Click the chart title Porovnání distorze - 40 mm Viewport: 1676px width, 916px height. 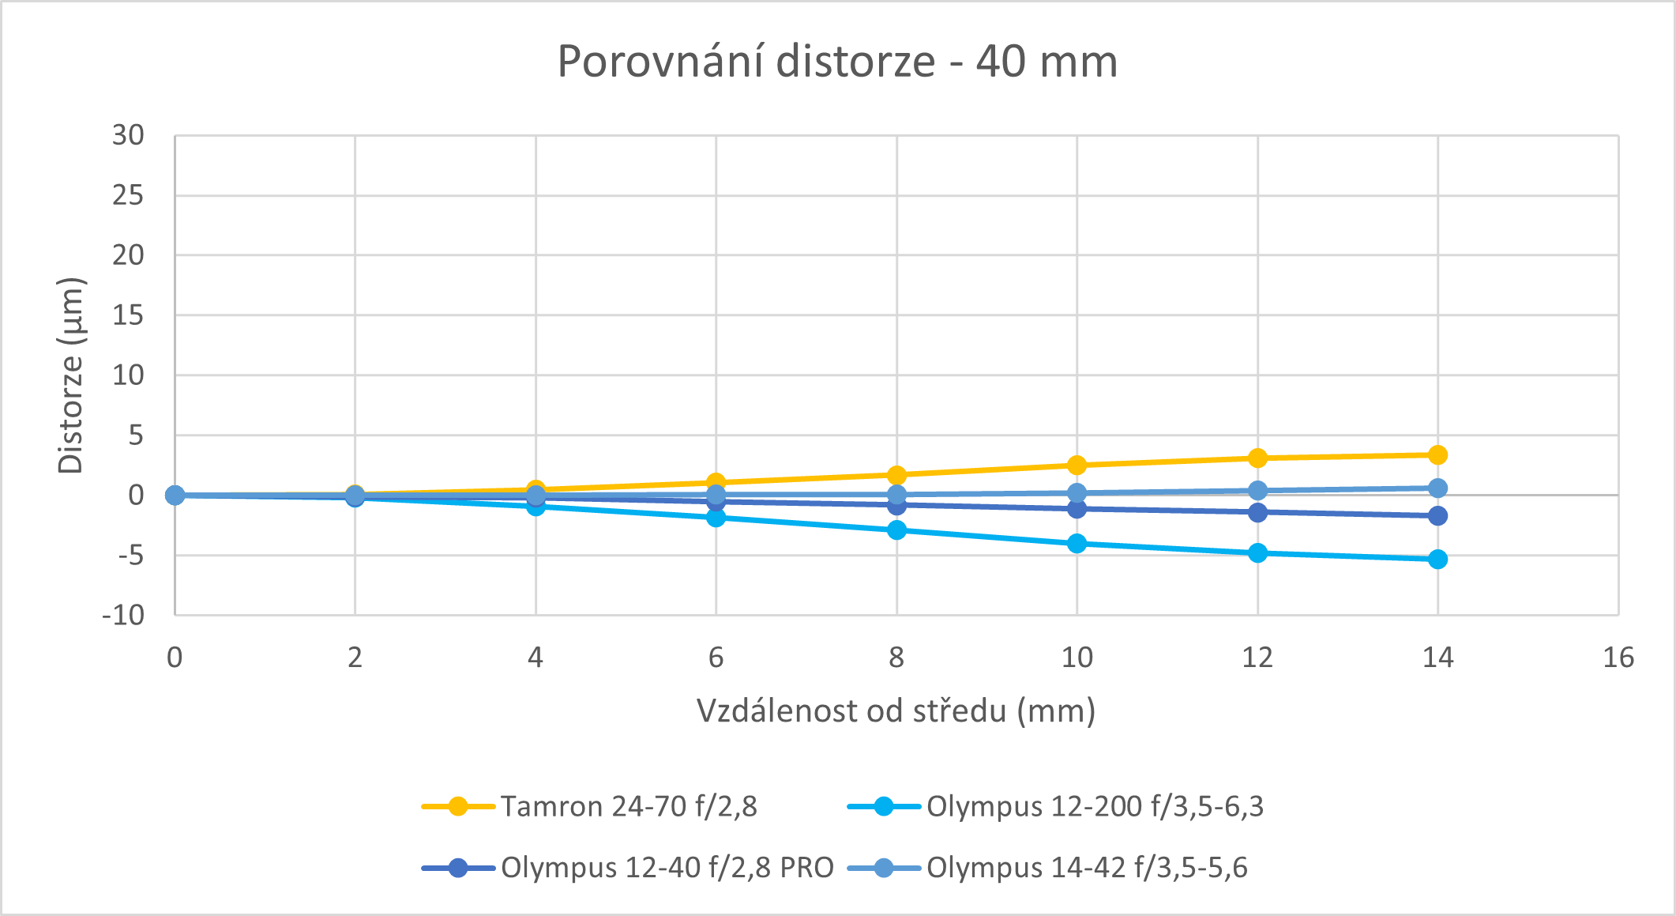(x=837, y=62)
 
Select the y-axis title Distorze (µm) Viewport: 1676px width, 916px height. (x=71, y=375)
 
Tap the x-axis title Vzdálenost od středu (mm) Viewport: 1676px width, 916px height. (x=896, y=711)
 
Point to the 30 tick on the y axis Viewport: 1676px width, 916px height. (x=128, y=136)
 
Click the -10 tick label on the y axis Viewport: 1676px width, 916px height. (x=124, y=616)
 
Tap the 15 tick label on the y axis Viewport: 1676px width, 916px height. (x=128, y=315)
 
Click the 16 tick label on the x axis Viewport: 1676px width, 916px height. (x=1618, y=658)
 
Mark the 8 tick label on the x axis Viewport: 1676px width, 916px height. (x=896, y=658)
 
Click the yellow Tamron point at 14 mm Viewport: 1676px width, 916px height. (x=1438, y=454)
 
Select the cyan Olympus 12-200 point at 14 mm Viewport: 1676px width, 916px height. (x=1438, y=559)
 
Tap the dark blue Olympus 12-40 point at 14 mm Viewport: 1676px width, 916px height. (x=1438, y=515)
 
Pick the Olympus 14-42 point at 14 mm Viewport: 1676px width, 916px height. (x=1438, y=488)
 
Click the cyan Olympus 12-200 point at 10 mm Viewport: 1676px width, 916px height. (x=1077, y=543)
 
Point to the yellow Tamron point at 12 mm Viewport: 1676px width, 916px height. (x=1258, y=458)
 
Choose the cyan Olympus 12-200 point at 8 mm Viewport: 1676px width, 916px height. (x=896, y=530)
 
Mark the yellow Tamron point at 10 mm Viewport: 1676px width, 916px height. (x=1077, y=465)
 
